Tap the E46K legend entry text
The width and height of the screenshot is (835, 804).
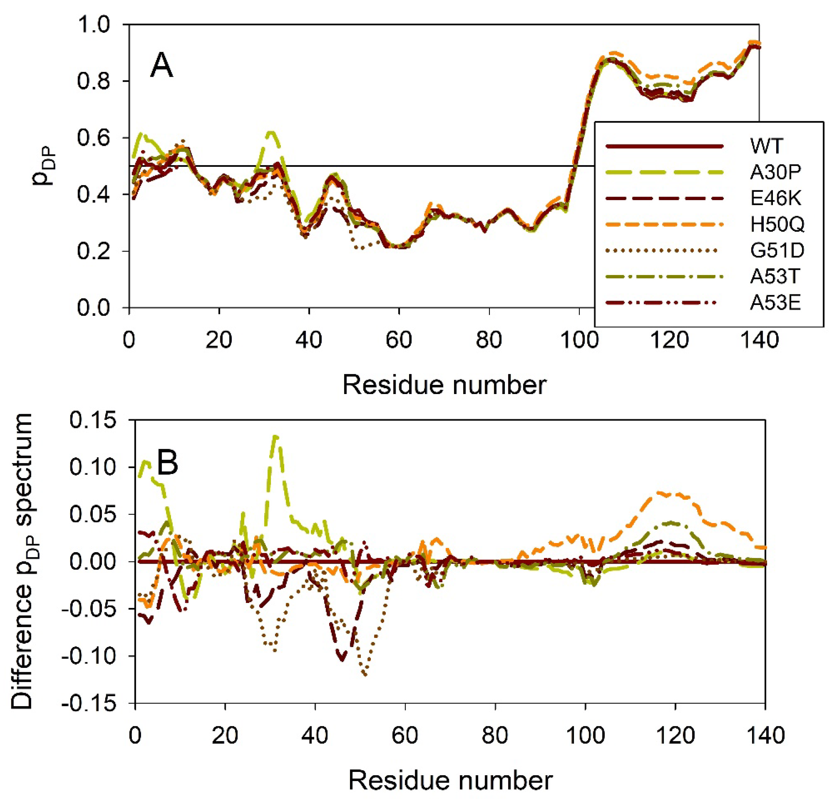coord(775,198)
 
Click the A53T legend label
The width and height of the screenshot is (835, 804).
coord(775,277)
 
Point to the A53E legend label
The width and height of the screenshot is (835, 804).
coord(775,303)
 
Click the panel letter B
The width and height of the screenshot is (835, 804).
coord(167,463)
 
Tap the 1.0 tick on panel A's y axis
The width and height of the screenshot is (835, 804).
coord(94,25)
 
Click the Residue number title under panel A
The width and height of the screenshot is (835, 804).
coord(444,385)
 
